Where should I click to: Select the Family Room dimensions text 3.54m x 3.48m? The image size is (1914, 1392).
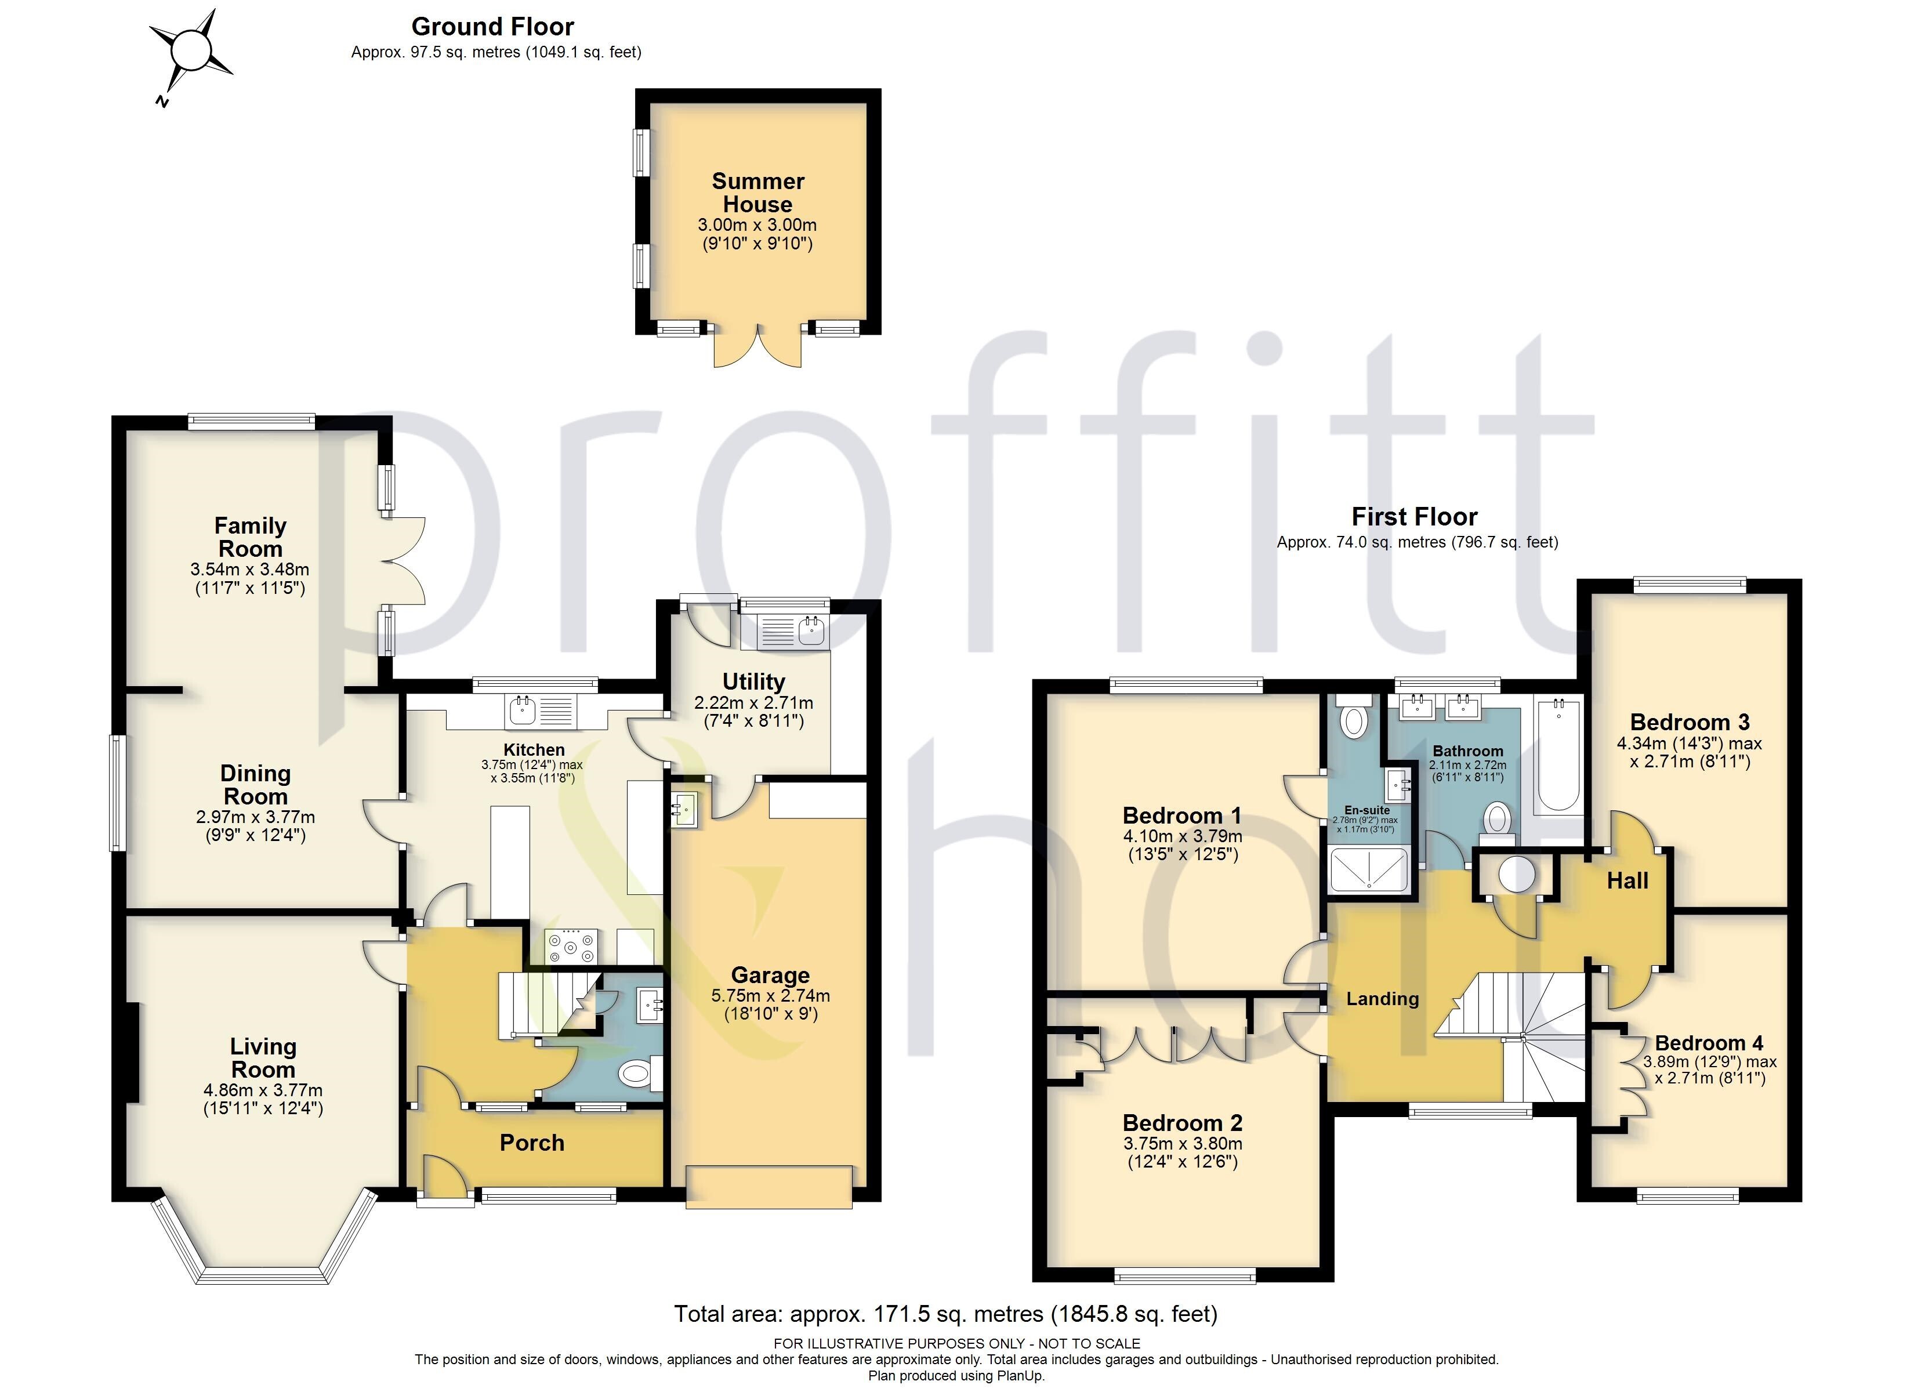coord(250,570)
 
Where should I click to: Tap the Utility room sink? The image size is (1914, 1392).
coord(810,630)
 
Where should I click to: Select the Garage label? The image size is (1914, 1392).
coord(770,975)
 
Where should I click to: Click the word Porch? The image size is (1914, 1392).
coord(532,1143)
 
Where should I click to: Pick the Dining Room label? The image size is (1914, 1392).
coord(255,785)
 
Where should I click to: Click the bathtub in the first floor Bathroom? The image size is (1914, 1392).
coord(1558,756)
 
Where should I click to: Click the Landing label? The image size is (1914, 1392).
coord(1382,999)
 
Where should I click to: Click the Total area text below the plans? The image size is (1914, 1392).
coord(945,1314)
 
